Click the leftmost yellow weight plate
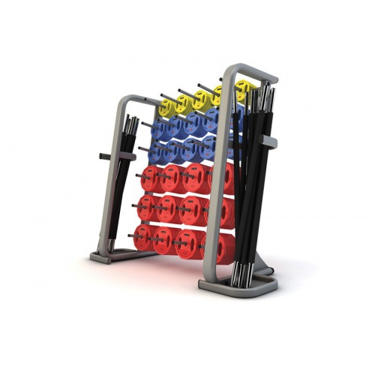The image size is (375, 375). pos(184,104)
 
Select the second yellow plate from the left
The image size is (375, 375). pos(202,99)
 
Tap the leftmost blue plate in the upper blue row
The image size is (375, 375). pos(159,131)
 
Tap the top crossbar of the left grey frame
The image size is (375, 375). pos(135,100)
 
